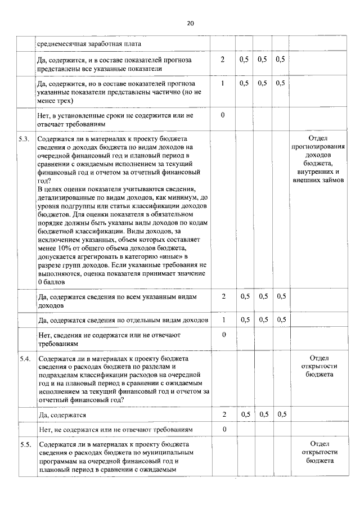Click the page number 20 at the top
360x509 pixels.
click(x=190, y=24)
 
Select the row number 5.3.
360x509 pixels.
click(x=24, y=138)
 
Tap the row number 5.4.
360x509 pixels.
click(x=24, y=358)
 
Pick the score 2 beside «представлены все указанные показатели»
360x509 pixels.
click(x=223, y=60)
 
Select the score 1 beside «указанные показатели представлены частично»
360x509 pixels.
click(x=223, y=83)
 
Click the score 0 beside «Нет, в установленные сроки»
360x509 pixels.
click(x=223, y=115)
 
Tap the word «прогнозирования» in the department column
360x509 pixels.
click(x=318, y=147)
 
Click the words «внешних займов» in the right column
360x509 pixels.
click(x=318, y=181)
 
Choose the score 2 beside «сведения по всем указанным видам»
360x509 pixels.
click(x=223, y=296)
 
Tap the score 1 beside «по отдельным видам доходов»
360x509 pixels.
click(x=223, y=319)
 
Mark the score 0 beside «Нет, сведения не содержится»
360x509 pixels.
click(x=223, y=335)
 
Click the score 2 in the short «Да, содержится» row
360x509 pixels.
click(x=223, y=415)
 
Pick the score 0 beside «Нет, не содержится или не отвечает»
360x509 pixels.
click(x=223, y=430)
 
